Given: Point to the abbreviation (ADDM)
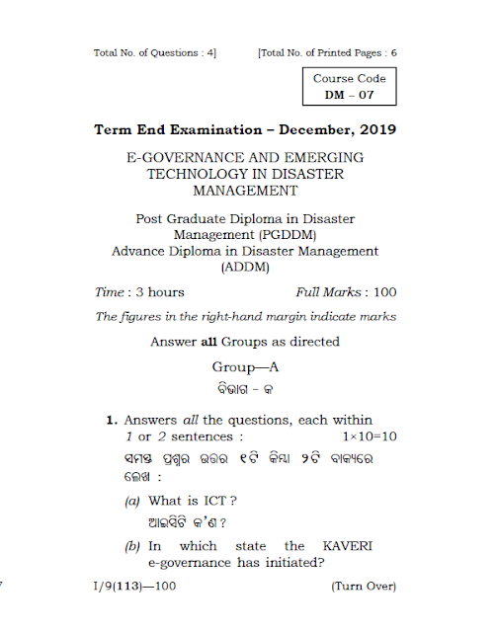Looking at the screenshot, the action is tap(245, 267).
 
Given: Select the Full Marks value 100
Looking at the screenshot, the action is tap(383, 292).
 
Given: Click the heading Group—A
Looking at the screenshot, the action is tap(245, 366).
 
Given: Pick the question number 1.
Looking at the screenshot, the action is tap(112, 420).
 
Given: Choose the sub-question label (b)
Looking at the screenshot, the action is tap(132, 546).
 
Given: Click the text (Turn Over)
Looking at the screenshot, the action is tap(363, 587).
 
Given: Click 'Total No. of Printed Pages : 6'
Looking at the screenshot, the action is tap(327, 51).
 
